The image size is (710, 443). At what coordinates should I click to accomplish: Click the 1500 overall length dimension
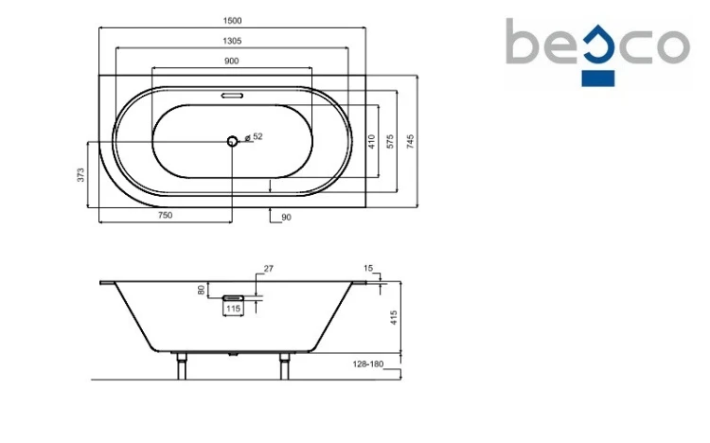coord(232,21)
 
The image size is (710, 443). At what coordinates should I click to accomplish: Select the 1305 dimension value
coord(232,41)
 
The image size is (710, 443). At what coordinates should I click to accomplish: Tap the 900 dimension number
coord(231,62)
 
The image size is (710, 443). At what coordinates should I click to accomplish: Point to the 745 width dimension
coord(410,142)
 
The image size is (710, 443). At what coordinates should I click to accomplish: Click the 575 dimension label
coord(390,142)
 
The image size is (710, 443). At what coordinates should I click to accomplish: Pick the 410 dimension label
coord(372,142)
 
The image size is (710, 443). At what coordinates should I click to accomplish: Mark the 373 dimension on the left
coord(80,175)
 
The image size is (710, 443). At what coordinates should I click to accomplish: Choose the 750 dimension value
coord(166,215)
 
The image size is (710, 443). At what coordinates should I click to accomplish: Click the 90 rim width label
coord(286,218)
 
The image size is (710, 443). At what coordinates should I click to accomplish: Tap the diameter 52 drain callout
coord(254,136)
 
